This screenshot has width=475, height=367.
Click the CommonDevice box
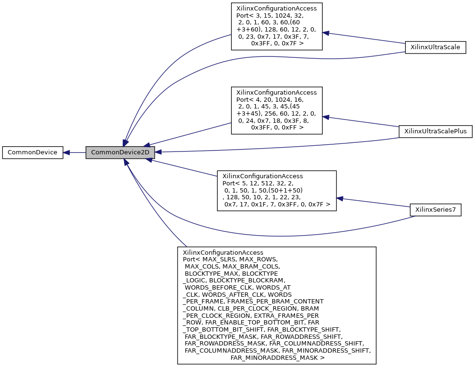(x=32, y=152)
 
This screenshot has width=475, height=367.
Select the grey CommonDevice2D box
(x=120, y=152)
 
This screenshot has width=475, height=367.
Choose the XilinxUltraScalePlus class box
(x=435, y=131)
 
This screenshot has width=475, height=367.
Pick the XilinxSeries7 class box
(x=435, y=210)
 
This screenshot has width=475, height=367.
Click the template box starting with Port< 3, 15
(x=276, y=26)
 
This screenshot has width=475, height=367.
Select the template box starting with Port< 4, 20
(x=276, y=110)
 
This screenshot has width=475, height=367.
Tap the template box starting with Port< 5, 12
(x=276, y=190)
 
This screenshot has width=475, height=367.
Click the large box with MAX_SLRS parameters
(x=276, y=305)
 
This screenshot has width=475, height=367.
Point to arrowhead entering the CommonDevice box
(x=67, y=152)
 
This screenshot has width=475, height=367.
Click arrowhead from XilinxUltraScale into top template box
(x=327, y=33)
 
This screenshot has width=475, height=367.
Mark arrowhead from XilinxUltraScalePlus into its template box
(x=327, y=117)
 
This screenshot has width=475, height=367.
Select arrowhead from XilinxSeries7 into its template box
(x=340, y=197)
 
